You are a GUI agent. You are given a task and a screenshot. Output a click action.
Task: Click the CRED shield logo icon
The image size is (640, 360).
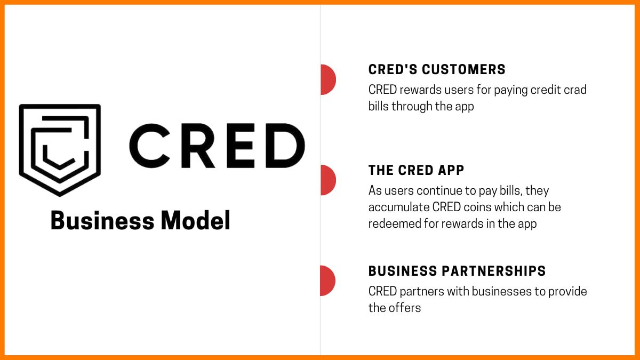60,149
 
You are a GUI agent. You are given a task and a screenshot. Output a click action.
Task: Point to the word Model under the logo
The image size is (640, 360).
195,221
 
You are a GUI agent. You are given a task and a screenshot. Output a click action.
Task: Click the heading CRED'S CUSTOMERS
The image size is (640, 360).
437,70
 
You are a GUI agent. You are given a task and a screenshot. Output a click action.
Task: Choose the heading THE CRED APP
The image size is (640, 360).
416,171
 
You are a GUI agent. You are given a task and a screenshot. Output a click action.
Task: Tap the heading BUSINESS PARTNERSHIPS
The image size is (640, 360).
457,271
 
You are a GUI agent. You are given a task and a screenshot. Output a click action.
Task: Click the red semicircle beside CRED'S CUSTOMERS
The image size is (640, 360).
327,79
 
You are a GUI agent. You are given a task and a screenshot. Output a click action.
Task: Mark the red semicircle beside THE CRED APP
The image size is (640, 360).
327,180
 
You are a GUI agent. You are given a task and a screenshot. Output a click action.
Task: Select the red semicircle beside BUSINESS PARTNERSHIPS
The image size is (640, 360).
327,281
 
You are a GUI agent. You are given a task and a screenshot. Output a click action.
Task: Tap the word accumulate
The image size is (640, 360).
398,207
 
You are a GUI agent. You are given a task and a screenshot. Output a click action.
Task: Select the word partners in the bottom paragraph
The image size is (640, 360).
421,292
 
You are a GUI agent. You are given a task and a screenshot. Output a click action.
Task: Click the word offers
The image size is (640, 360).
404,308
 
